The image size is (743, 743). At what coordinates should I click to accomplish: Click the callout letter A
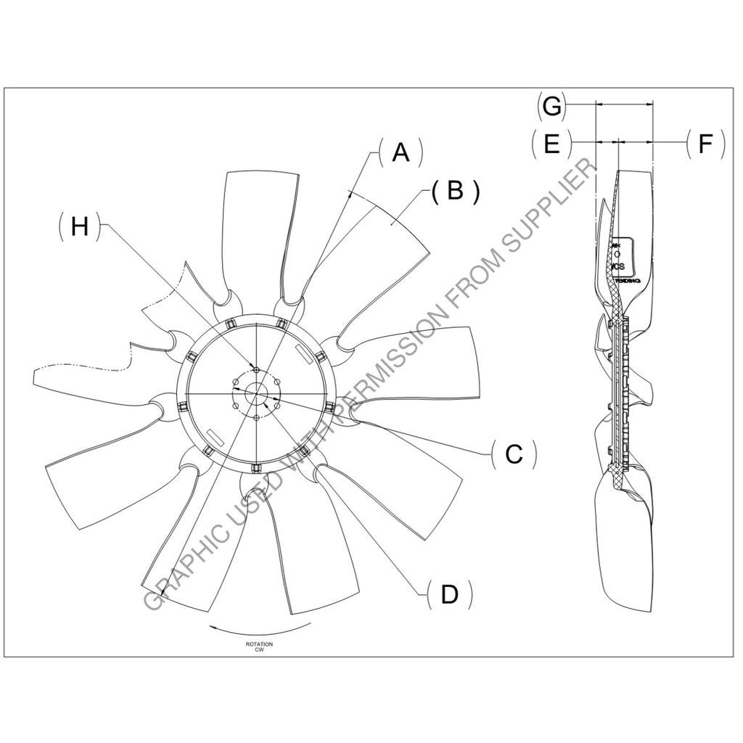pyautogui.click(x=401, y=153)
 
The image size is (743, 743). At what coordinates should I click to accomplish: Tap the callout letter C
pyautogui.click(x=514, y=454)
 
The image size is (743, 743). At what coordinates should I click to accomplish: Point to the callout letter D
pyautogui.click(x=450, y=594)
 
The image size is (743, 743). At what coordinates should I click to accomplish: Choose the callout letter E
pyautogui.click(x=551, y=144)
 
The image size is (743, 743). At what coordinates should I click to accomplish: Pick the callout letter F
pyautogui.click(x=705, y=144)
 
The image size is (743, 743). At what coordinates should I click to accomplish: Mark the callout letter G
pyautogui.click(x=552, y=106)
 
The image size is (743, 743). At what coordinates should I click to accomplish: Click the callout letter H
pyautogui.click(x=80, y=226)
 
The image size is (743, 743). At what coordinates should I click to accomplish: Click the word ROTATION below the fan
pyautogui.click(x=259, y=644)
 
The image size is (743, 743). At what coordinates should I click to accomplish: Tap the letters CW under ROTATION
pyautogui.click(x=258, y=651)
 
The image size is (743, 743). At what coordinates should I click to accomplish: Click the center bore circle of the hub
pyautogui.click(x=258, y=393)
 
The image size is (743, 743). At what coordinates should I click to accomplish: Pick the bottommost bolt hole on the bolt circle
pyautogui.click(x=258, y=417)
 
